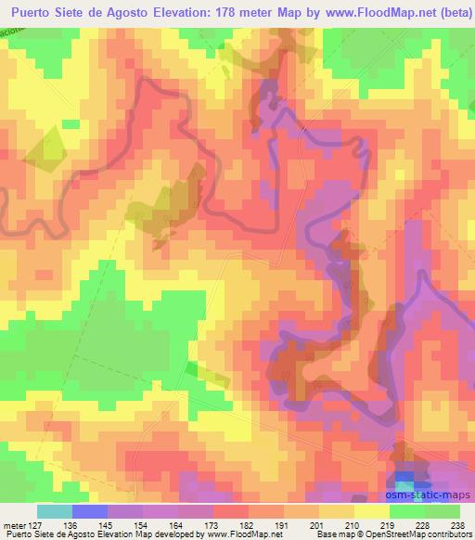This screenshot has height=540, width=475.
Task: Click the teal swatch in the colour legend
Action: point(55,511)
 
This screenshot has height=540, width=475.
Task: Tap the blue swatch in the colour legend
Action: point(90,511)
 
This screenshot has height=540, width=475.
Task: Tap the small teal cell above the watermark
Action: point(405,482)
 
